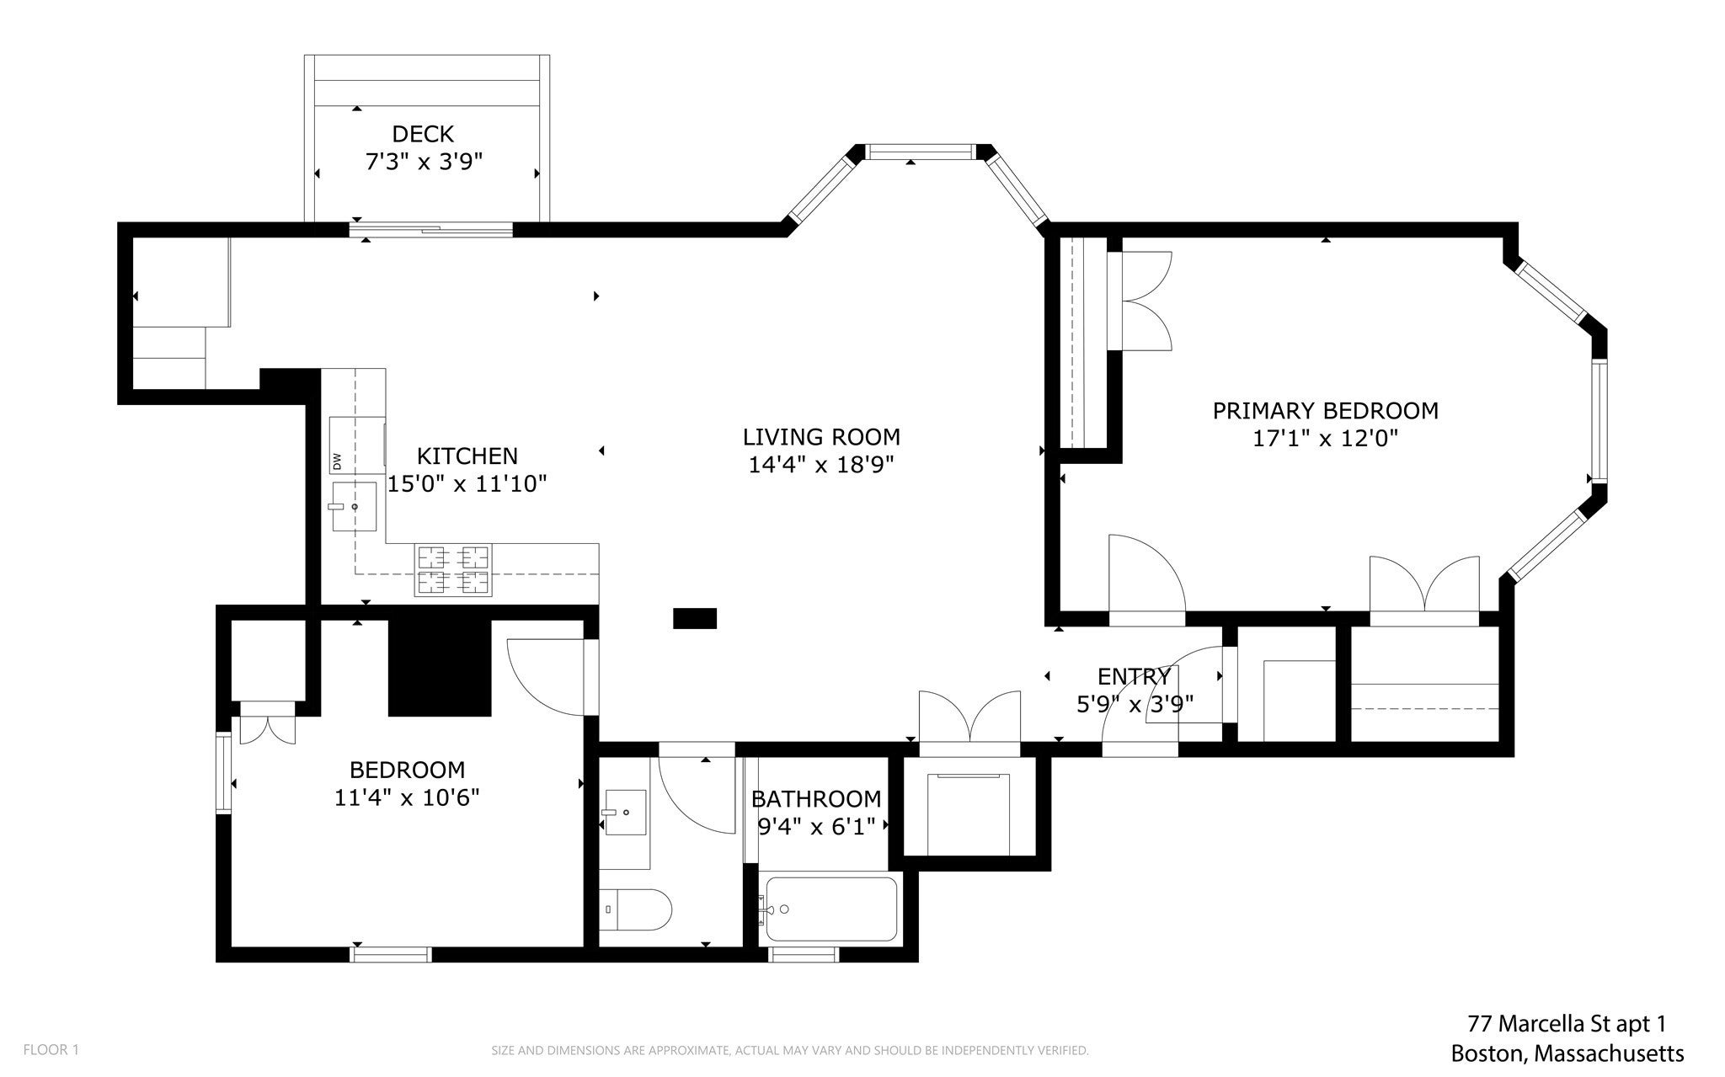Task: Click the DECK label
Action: coord(423,134)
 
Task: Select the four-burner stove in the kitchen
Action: coord(453,570)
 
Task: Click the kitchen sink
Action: coord(354,506)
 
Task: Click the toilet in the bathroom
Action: coord(636,909)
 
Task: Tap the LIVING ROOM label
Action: coord(821,437)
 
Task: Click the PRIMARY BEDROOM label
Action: coord(1325,411)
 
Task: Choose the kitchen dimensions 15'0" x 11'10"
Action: coord(467,483)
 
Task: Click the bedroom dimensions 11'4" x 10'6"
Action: coord(407,797)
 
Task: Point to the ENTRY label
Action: coord(1134,676)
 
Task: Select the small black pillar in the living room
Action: coord(695,618)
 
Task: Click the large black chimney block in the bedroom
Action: coord(440,667)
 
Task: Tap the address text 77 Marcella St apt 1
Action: coord(1567,1024)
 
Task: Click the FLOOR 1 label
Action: coord(51,1049)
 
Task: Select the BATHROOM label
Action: coord(816,798)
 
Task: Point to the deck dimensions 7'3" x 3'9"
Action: coord(424,161)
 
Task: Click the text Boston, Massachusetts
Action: coord(1567,1053)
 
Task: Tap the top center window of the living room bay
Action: coord(920,152)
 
